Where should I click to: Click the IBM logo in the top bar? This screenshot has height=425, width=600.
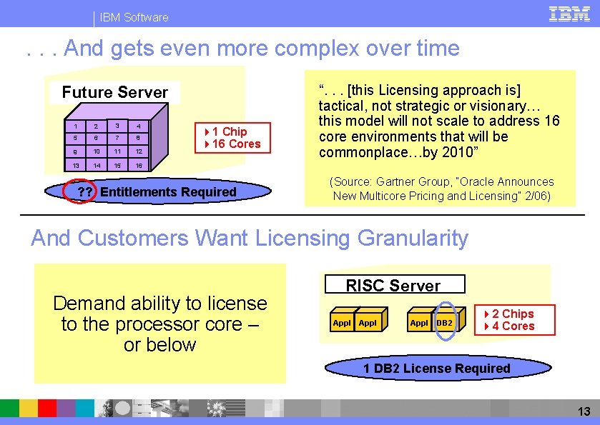[569, 14]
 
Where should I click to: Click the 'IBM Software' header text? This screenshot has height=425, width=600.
[134, 17]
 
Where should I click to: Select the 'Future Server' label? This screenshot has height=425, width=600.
[114, 92]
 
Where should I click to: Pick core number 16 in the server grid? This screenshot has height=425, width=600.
[139, 165]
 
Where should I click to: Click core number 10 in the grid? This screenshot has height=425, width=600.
[95, 152]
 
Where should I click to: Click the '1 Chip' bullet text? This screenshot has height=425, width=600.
[229, 131]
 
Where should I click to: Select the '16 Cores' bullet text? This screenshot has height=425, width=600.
[233, 144]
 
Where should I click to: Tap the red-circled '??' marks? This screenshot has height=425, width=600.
[84, 191]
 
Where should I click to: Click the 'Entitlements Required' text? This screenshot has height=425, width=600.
[168, 191]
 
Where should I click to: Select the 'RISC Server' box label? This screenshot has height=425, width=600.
[393, 286]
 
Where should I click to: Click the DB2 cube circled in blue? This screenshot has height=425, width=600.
[445, 323]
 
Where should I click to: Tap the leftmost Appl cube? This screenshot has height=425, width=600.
[342, 323]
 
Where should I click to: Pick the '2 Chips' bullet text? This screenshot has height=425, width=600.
[513, 314]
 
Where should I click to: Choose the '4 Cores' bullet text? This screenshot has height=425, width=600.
[513, 326]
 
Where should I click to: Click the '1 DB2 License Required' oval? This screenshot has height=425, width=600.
[437, 369]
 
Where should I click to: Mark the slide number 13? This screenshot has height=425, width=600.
[584, 411]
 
